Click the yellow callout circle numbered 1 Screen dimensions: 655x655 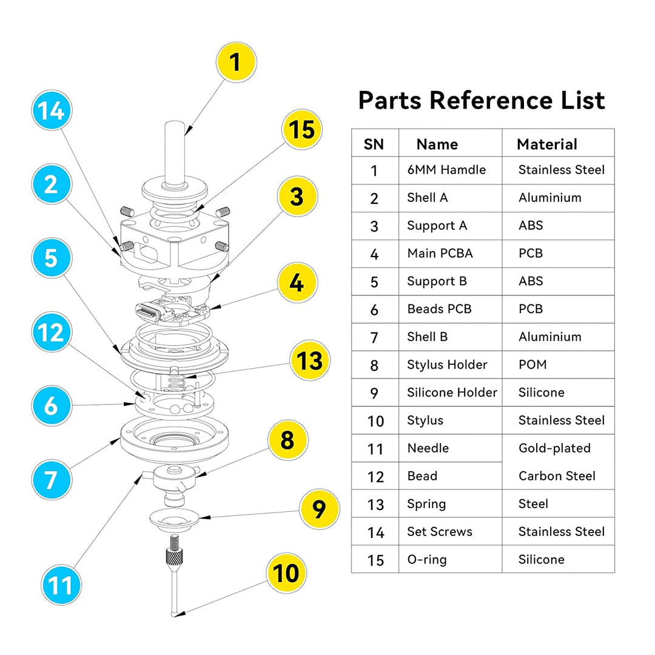pos(236,62)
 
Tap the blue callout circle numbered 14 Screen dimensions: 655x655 pos(52,112)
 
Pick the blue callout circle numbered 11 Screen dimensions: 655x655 pos(61,585)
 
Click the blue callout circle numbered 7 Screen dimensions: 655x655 pos(52,480)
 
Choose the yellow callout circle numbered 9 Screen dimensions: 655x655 pos(319,509)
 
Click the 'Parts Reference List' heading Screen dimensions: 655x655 pos(482,100)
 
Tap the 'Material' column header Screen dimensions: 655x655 pos(546,144)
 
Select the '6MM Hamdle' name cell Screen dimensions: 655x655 pos(446,170)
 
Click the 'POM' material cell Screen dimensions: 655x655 pos(532,364)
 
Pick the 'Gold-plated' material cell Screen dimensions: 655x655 pos(554,448)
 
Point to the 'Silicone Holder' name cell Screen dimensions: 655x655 pos(452,392)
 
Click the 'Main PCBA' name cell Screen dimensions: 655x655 pos(440,253)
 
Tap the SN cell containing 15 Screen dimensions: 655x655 pos(375,560)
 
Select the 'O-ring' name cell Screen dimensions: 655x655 pos(427,559)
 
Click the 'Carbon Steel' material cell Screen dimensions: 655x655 pos(557,476)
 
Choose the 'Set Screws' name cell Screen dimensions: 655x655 pos(440,532)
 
